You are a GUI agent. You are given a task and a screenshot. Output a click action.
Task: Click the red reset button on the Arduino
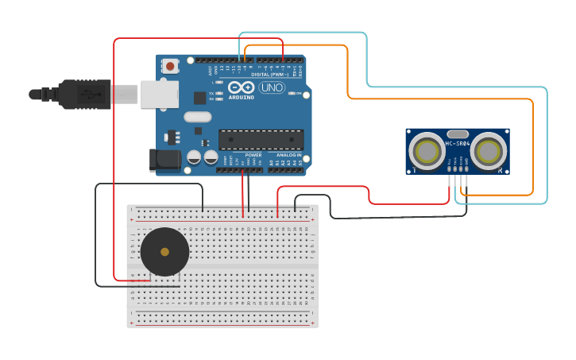169,67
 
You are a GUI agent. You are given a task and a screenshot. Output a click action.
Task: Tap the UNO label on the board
272,87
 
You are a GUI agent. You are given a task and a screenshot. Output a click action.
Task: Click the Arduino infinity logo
241,87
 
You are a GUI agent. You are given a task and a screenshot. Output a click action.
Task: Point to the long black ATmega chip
261,139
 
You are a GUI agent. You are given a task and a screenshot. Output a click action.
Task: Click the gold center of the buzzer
164,252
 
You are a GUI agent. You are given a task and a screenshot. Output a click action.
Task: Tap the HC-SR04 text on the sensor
458,144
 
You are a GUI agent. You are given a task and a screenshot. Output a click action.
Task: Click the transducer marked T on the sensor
427,150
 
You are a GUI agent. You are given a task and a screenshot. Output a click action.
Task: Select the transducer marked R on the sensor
489,150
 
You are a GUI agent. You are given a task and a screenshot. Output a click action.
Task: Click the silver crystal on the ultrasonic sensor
458,134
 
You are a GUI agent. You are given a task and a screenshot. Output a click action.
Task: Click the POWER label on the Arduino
253,155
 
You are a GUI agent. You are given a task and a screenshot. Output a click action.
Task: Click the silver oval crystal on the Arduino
197,117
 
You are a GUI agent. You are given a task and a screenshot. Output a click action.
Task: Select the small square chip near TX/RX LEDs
199,98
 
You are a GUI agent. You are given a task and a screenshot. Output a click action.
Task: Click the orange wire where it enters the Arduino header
245,60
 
